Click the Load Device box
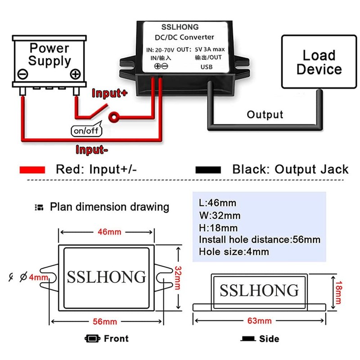coord(319,63)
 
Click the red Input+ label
coord(110,93)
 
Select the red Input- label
coord(92,149)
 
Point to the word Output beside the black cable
coord(265,114)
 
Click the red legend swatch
coord(32,170)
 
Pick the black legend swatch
coord(208,170)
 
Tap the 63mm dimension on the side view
coord(260,320)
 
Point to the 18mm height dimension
coord(338,290)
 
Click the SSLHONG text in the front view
coord(107,276)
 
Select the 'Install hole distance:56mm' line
coord(260,239)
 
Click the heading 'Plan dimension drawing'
coord(109,207)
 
